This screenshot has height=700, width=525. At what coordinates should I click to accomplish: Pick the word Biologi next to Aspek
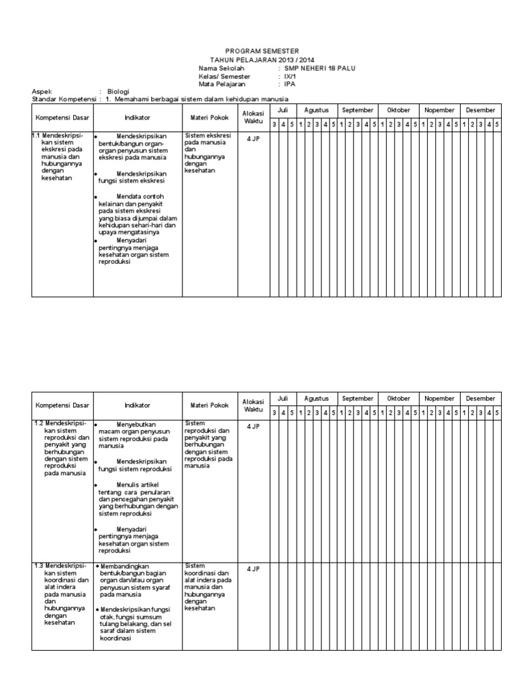tap(117, 92)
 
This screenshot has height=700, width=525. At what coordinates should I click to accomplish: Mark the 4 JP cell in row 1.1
tap(253, 138)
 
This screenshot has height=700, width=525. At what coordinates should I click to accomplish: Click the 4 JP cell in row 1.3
tap(253, 568)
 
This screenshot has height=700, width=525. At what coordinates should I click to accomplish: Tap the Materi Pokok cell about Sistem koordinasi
tap(208, 587)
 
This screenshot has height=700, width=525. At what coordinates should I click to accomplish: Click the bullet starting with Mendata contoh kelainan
tap(137, 215)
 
